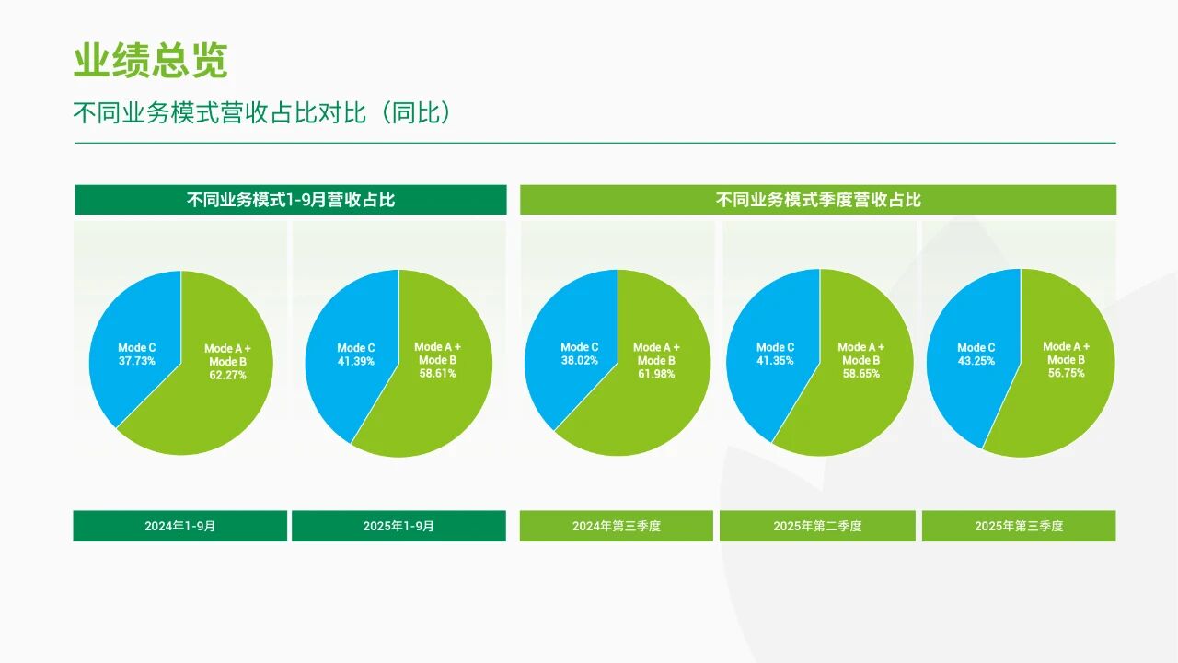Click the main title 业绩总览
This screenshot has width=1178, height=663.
150,61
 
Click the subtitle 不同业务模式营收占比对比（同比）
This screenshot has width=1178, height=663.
262,112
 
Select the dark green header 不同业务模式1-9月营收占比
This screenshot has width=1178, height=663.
291,200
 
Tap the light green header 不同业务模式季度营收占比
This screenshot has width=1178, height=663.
818,200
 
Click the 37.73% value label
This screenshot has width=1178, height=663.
137,361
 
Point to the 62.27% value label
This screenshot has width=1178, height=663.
227,375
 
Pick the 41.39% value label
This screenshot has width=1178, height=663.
356,362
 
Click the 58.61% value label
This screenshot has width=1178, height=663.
437,374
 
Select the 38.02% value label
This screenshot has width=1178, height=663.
580,360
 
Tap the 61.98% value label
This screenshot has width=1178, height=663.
656,374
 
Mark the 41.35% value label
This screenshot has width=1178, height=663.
775,361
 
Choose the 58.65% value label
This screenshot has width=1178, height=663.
860,374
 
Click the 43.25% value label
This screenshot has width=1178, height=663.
976,361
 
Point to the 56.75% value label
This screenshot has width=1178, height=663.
1067,373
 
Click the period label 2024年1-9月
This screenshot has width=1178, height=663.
179,526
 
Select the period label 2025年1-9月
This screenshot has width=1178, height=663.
398,526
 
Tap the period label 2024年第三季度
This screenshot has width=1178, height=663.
617,526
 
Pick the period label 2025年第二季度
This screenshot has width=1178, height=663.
817,526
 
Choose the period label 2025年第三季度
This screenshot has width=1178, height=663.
1019,526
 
